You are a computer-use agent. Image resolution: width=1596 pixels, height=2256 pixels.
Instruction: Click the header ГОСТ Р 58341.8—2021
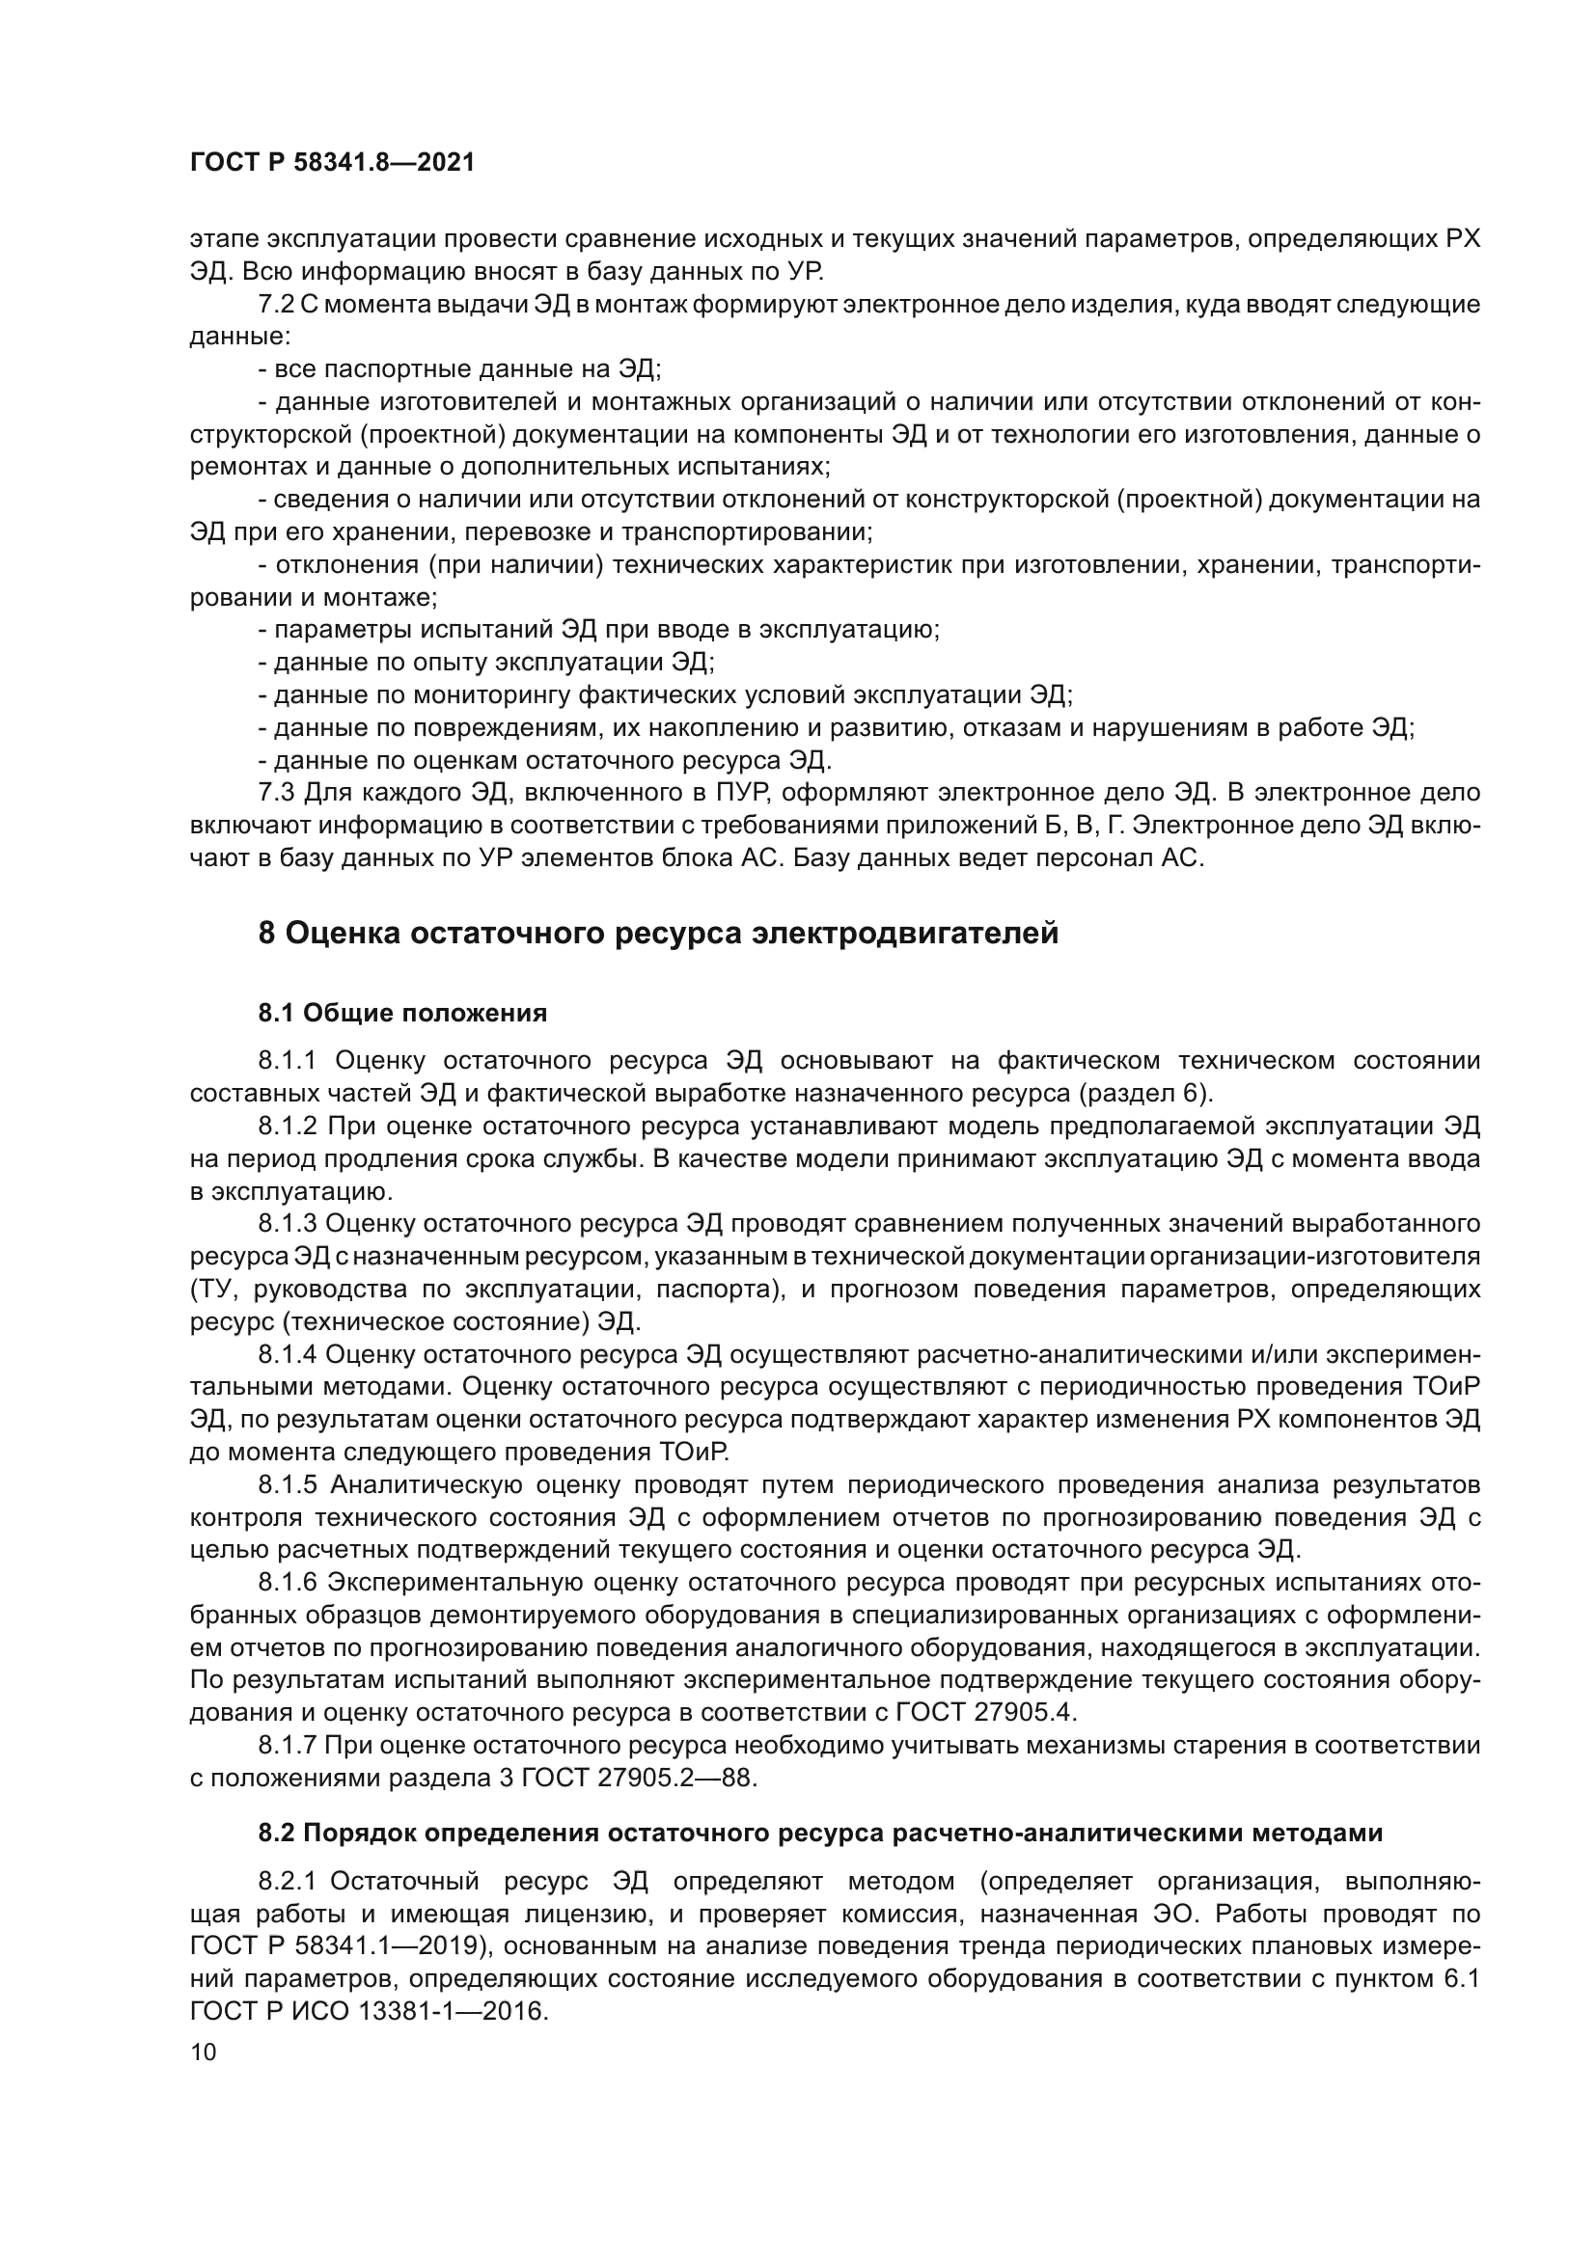(331, 163)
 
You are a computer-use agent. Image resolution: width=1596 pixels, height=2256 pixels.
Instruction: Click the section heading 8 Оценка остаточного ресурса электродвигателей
(657, 933)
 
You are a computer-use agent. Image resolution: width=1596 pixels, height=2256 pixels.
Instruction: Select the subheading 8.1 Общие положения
(402, 1012)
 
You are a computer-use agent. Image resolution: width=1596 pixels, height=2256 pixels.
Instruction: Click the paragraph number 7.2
(276, 305)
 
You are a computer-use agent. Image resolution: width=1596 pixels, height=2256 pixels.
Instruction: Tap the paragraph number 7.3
(276, 792)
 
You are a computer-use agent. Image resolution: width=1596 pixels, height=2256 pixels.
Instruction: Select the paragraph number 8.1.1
(286, 1060)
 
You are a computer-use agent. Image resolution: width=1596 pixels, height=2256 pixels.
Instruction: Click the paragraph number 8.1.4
(286, 1354)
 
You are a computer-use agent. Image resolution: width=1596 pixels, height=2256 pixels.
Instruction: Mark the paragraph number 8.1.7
(286, 1745)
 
